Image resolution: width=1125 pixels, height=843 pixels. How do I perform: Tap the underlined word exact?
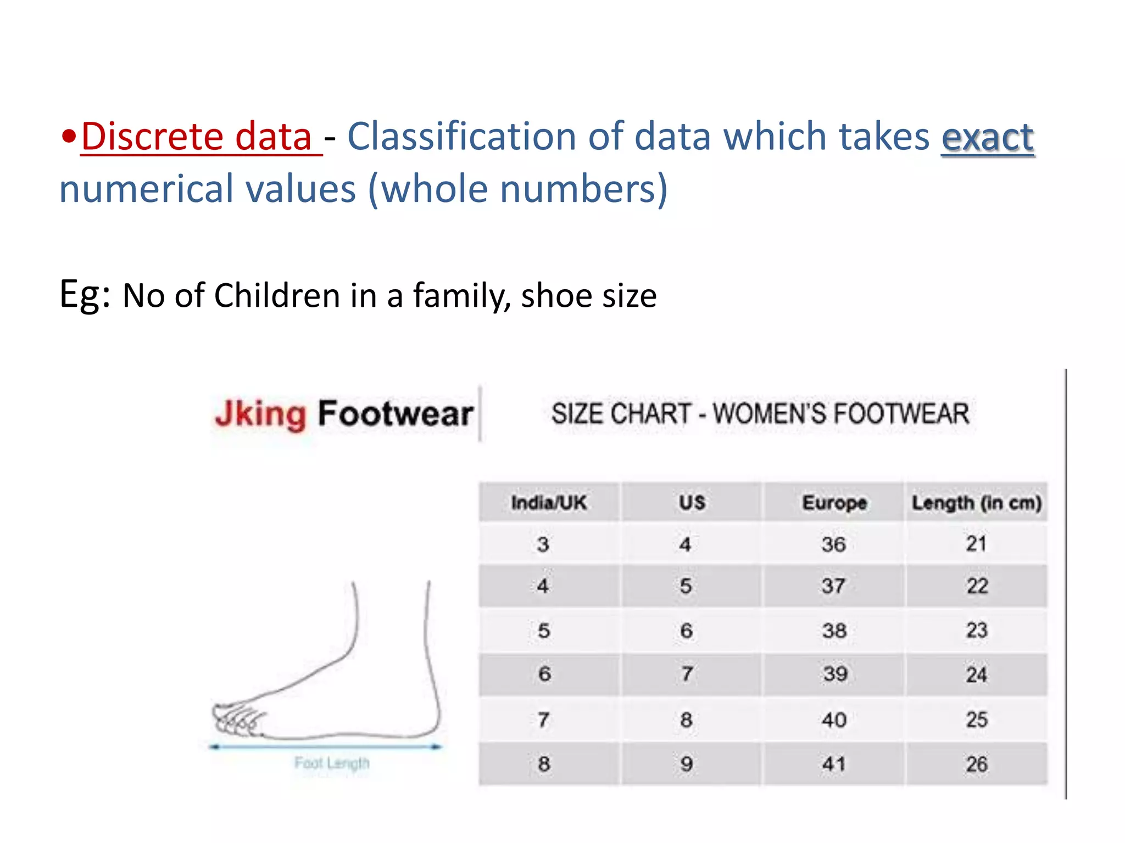pyautogui.click(x=987, y=137)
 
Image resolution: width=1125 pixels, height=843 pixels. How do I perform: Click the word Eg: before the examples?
pyautogui.click(x=85, y=295)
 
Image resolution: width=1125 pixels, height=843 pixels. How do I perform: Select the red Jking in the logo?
pyautogui.click(x=260, y=414)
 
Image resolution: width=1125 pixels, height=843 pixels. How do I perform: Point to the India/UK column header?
pyautogui.click(x=549, y=502)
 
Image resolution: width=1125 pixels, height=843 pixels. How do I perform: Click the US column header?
pyautogui.click(x=692, y=502)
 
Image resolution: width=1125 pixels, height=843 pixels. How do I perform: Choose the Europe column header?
pyautogui.click(x=834, y=502)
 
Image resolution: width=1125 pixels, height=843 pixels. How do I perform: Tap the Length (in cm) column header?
pyautogui.click(x=976, y=503)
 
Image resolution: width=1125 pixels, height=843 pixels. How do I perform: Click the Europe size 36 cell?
pyautogui.click(x=833, y=544)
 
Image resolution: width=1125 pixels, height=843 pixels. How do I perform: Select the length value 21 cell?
pyautogui.click(x=976, y=544)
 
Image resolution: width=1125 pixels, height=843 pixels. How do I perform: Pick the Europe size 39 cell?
pyautogui.click(x=834, y=674)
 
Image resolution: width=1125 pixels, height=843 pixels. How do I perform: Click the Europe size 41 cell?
pyautogui.click(x=833, y=764)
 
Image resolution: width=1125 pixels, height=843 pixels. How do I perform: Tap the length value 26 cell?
pyautogui.click(x=976, y=764)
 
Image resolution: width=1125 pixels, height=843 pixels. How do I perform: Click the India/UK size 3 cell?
pyautogui.click(x=543, y=544)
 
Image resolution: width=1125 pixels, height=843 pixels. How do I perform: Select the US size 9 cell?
pyautogui.click(x=686, y=764)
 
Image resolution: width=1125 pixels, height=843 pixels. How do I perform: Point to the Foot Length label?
pyautogui.click(x=332, y=763)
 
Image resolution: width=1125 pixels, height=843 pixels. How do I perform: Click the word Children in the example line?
pyautogui.click(x=277, y=296)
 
